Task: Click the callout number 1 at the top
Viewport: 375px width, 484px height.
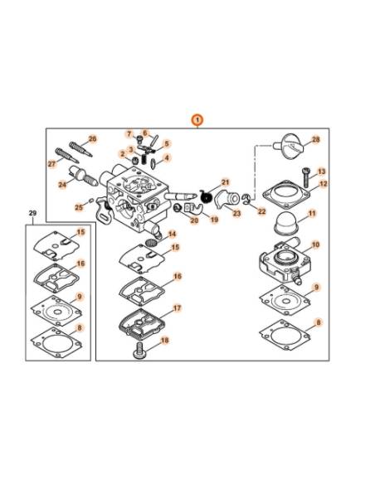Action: pyautogui.click(x=197, y=119)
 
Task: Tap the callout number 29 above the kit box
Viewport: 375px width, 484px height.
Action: pyautogui.click(x=32, y=214)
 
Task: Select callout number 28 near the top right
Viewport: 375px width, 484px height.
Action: pyautogui.click(x=315, y=140)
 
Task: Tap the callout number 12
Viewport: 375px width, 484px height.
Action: pyautogui.click(x=323, y=183)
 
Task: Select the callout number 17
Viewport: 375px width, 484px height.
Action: pyautogui.click(x=177, y=308)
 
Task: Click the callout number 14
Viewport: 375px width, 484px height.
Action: pyautogui.click(x=172, y=235)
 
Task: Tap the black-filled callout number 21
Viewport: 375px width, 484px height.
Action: pyautogui.click(x=224, y=181)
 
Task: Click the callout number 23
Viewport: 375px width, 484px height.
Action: pyautogui.click(x=236, y=213)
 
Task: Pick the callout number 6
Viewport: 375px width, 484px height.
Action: pyautogui.click(x=144, y=133)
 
